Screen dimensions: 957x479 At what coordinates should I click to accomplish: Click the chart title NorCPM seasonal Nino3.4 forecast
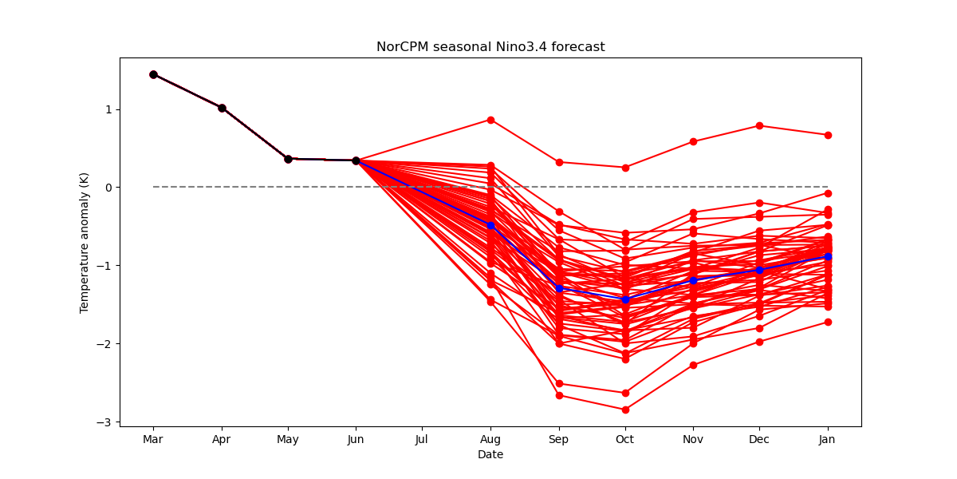click(490, 46)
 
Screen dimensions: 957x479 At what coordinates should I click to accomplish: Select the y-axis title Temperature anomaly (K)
click(84, 243)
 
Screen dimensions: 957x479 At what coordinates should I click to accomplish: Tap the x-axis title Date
click(490, 454)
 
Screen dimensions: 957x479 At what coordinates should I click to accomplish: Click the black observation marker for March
click(153, 75)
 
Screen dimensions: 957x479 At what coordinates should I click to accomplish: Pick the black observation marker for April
click(223, 109)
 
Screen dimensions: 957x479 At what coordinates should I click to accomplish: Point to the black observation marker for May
click(289, 159)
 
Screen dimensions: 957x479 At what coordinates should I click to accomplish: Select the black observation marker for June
click(356, 160)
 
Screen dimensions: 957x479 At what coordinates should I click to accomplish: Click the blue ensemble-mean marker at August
click(491, 225)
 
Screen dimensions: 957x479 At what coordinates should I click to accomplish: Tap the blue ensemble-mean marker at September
click(559, 289)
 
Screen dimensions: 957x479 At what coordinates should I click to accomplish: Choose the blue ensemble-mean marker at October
click(625, 300)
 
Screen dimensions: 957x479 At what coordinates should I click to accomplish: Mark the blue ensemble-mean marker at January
click(828, 256)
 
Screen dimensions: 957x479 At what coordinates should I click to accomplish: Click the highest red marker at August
click(491, 121)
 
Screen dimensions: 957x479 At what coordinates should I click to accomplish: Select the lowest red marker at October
click(625, 410)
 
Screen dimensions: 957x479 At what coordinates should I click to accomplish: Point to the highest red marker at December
click(759, 126)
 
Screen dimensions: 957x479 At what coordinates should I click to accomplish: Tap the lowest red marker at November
click(693, 366)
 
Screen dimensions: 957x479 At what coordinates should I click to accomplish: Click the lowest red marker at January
click(828, 322)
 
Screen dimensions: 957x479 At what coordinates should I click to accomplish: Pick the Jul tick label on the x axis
click(422, 439)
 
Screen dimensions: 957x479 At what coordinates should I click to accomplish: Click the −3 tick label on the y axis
click(104, 422)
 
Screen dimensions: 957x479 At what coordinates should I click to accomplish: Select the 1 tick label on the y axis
click(108, 109)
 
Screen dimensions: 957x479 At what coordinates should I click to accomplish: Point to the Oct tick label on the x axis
click(625, 439)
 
